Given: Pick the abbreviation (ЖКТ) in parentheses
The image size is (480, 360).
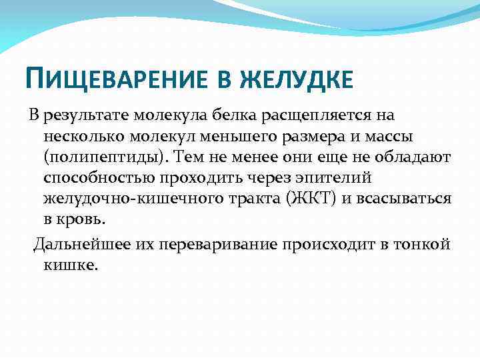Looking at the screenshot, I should [303, 199].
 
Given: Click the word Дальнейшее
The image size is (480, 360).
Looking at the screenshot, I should [77, 244].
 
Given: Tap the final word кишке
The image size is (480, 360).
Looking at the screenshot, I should [71, 265].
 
